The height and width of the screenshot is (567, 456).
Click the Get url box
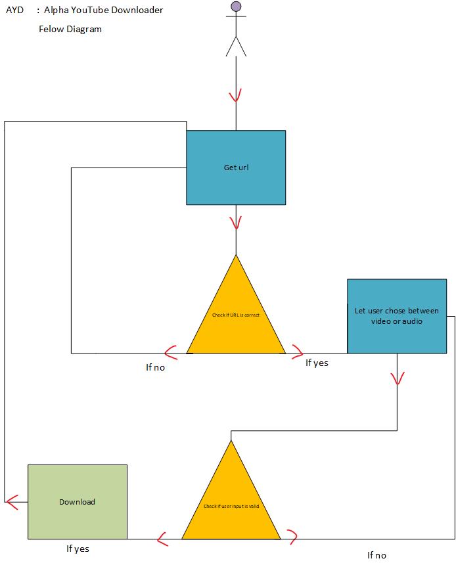236,167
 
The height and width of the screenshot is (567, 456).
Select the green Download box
77,501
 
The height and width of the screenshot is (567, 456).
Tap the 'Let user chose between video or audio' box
396,316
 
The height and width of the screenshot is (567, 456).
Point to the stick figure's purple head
236,7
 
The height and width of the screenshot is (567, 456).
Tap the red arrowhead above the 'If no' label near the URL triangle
171,353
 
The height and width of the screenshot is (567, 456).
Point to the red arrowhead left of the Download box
11,502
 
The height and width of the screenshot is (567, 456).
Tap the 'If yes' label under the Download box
78,549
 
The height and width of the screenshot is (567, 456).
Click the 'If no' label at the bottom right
376,555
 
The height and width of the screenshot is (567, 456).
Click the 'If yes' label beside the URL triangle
317,363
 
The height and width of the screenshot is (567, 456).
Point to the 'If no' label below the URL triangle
155,367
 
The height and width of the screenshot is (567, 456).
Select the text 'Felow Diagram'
70,29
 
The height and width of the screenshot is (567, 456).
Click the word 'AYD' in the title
14,10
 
